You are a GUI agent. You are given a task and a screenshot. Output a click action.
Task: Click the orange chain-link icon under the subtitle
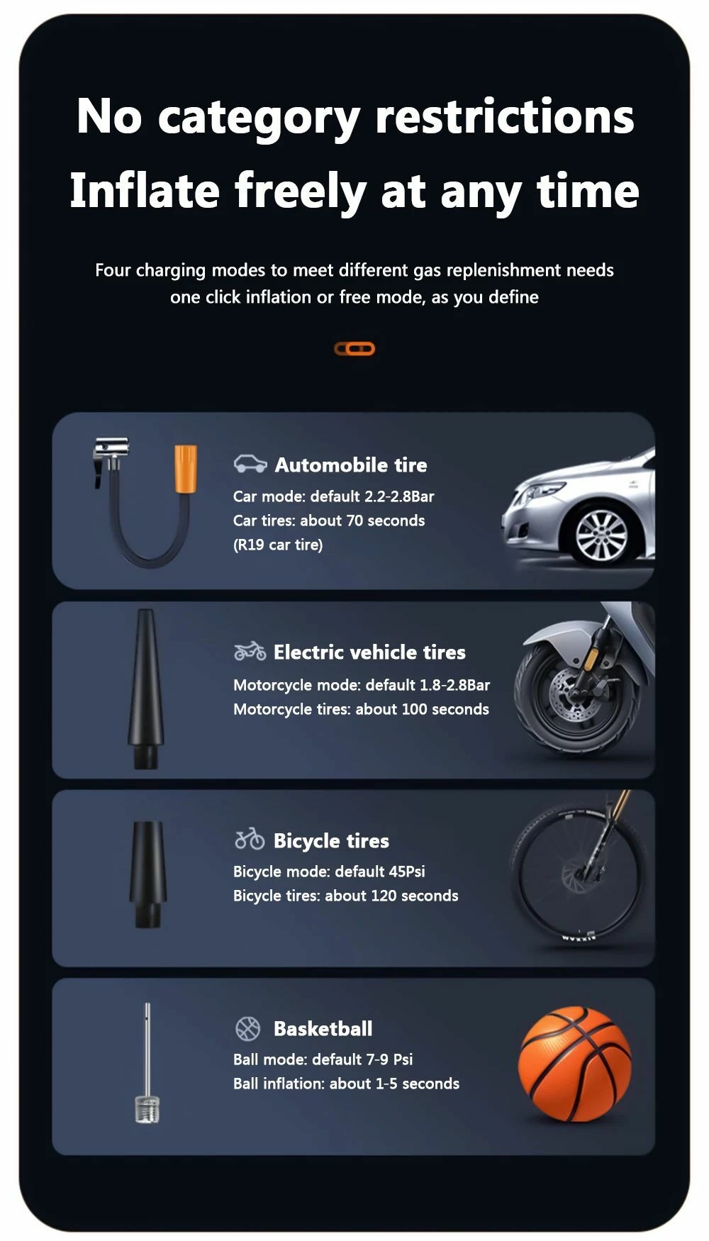point(354,349)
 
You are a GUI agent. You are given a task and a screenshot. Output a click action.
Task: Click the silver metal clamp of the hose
point(111,457)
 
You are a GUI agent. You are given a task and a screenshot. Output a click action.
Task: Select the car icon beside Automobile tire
point(250,464)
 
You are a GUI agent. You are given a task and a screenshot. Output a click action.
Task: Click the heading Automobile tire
point(351,465)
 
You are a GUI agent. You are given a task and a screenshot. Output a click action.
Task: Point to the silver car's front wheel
point(601,535)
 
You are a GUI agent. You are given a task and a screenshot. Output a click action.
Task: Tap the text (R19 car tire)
point(278,545)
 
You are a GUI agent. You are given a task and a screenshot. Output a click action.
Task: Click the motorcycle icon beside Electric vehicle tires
point(250,650)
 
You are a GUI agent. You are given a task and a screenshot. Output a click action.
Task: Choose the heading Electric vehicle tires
point(369,652)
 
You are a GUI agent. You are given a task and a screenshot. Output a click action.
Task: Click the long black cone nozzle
point(145,689)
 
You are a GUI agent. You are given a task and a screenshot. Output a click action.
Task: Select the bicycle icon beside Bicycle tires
point(250,839)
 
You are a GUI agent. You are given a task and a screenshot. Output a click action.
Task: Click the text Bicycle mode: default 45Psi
point(329,872)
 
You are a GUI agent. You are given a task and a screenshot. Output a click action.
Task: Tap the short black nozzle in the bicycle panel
point(147,874)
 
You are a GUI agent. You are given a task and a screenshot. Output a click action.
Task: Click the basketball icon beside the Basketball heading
point(248,1028)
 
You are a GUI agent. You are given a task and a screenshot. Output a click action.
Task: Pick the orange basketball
point(575,1064)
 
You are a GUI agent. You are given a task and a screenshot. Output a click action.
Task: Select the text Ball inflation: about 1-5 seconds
point(346,1084)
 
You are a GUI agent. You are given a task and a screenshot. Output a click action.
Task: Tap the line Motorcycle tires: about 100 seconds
point(361,709)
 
